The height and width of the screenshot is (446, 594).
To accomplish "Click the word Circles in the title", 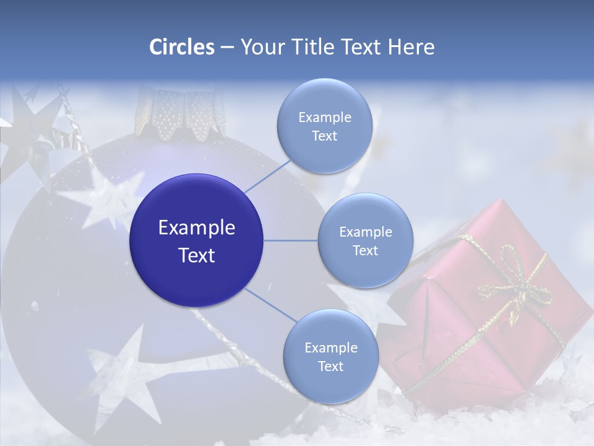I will pos(181,46).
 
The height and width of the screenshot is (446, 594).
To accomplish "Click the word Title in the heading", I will pos(311,46).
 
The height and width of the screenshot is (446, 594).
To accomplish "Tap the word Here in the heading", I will pos(411,46).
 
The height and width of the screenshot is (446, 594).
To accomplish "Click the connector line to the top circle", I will pos(267,175).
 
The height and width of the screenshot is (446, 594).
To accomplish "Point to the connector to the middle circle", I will pos(291,240).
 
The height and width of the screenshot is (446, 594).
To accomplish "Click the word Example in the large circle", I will pos(196,227).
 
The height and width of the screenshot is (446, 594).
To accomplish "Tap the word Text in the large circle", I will pos(196,255).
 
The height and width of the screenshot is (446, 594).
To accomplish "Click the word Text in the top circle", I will pos(324,136).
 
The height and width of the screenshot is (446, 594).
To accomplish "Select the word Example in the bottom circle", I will pos(330,348).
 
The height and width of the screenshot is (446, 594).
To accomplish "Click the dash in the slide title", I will pos(227,47).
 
